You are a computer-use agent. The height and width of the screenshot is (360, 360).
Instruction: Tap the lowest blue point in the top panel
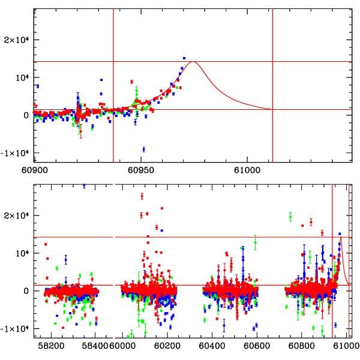(144, 149)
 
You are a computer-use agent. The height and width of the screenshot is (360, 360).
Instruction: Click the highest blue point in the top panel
(184, 58)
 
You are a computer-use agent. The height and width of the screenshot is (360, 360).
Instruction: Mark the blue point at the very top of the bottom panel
(84, 186)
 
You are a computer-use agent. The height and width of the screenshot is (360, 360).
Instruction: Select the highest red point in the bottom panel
(142, 196)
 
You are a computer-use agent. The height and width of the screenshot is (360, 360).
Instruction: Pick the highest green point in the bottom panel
(290, 216)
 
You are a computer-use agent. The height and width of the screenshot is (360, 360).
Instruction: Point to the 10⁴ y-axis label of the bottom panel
(22, 253)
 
